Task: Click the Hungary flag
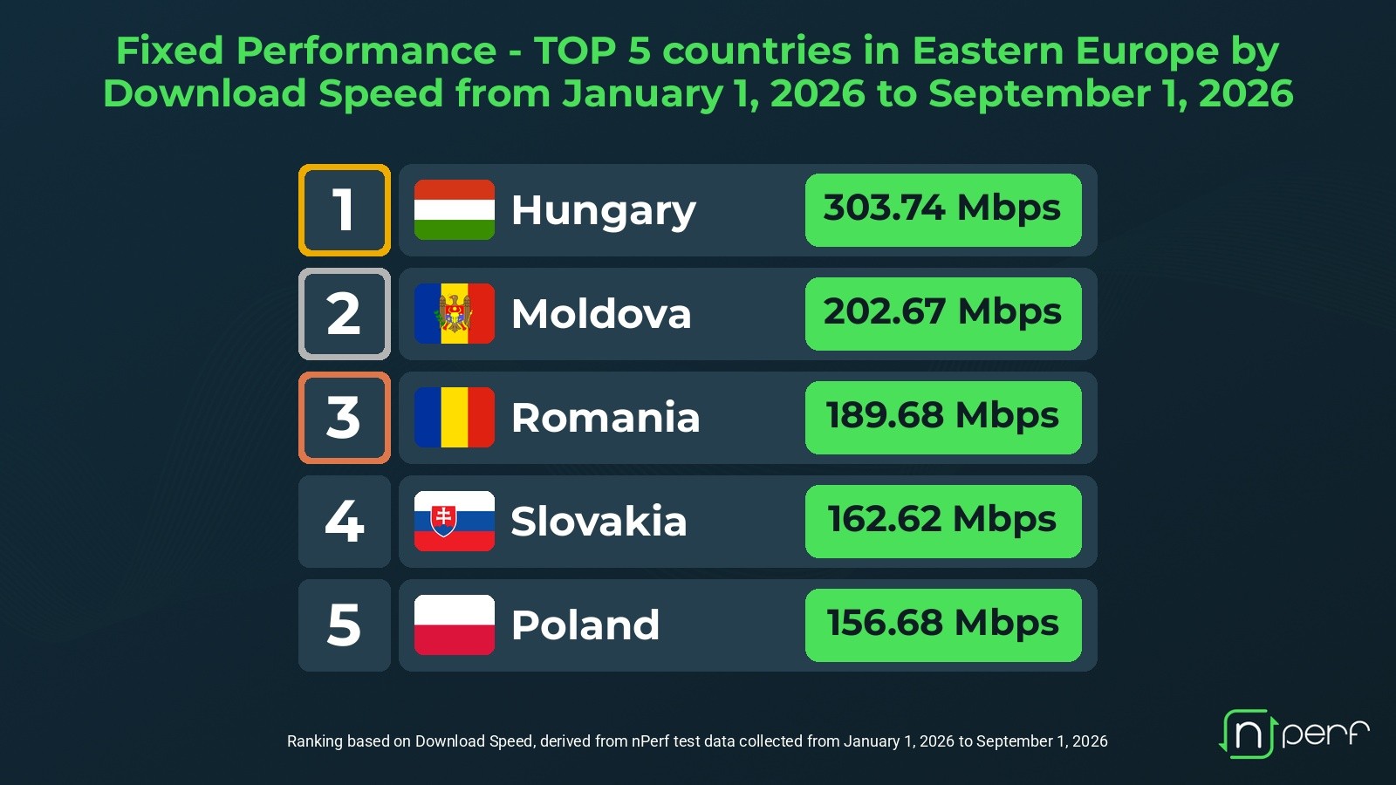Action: click(455, 210)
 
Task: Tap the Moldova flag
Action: click(455, 313)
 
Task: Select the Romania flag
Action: click(455, 418)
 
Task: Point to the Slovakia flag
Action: click(455, 521)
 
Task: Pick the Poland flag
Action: click(455, 625)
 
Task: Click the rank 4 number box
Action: click(345, 522)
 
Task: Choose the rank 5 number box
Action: click(345, 625)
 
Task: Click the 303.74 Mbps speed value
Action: click(942, 208)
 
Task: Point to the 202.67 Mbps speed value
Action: click(942, 311)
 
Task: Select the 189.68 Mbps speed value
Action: click(942, 415)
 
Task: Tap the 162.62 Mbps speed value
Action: click(942, 519)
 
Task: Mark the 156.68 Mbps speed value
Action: click(942, 623)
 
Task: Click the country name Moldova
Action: click(601, 313)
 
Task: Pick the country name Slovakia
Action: click(599, 521)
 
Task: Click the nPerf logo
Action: click(1294, 734)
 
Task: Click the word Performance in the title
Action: click(366, 51)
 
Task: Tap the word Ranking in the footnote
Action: click(315, 741)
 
